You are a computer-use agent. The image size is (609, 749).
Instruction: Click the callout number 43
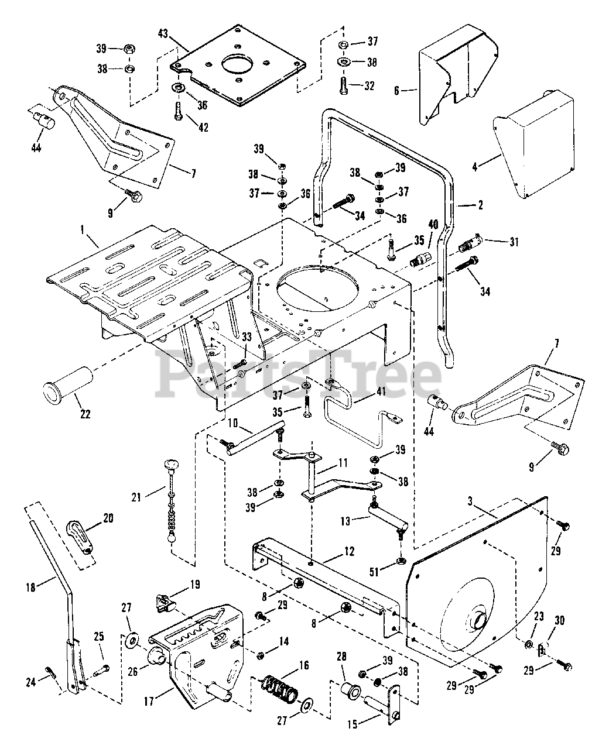coord(163,34)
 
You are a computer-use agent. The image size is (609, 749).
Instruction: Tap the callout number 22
coord(85,413)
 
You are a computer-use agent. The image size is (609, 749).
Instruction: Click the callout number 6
coord(396,91)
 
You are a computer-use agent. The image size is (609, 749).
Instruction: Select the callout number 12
coord(349,551)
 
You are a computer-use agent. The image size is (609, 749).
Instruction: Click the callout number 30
coord(559,638)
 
